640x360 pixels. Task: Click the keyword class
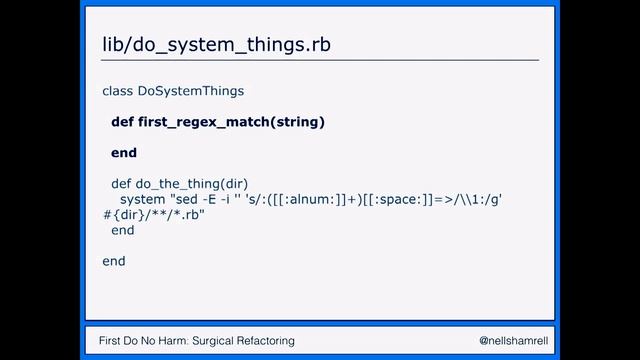tap(117, 91)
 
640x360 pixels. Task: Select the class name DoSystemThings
tap(190, 91)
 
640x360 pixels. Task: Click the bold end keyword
tap(123, 153)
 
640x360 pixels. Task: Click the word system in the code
tap(142, 199)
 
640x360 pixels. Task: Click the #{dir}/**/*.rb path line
tap(153, 215)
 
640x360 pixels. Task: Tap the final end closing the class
tap(114, 261)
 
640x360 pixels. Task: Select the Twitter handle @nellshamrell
tap(510, 341)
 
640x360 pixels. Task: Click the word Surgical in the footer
tap(209, 341)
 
